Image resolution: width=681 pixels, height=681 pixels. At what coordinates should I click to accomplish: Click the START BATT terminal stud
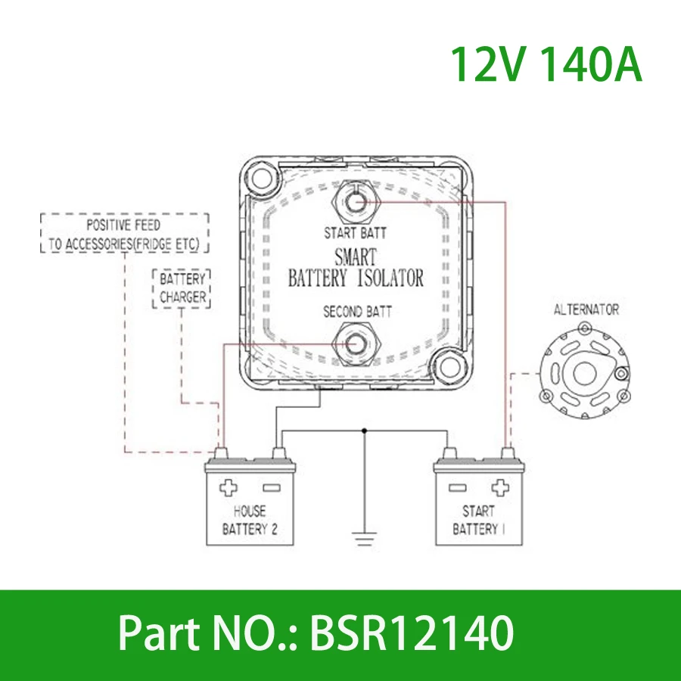pos(355,201)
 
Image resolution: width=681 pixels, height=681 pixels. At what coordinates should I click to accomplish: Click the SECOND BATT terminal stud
pos(355,343)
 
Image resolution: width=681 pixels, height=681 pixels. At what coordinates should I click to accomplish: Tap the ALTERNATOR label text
pos(586,309)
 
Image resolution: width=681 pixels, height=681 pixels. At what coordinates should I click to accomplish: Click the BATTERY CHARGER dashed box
pos(182,288)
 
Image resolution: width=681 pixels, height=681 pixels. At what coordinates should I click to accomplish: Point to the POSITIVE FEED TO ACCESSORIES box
pos(123,234)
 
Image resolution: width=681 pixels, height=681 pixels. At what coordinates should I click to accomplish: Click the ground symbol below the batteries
pos(365,538)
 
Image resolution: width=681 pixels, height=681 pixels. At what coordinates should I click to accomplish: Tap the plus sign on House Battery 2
pos(229,487)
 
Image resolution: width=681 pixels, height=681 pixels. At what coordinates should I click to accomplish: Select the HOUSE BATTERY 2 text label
pos(250,520)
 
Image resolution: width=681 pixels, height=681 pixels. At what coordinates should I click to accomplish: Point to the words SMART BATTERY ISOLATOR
pos(355,268)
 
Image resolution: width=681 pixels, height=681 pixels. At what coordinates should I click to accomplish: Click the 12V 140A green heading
pos(546,65)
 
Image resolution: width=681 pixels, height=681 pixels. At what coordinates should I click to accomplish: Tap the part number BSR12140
pos(412,634)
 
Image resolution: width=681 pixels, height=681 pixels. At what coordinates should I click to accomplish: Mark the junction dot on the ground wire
pos(365,431)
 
